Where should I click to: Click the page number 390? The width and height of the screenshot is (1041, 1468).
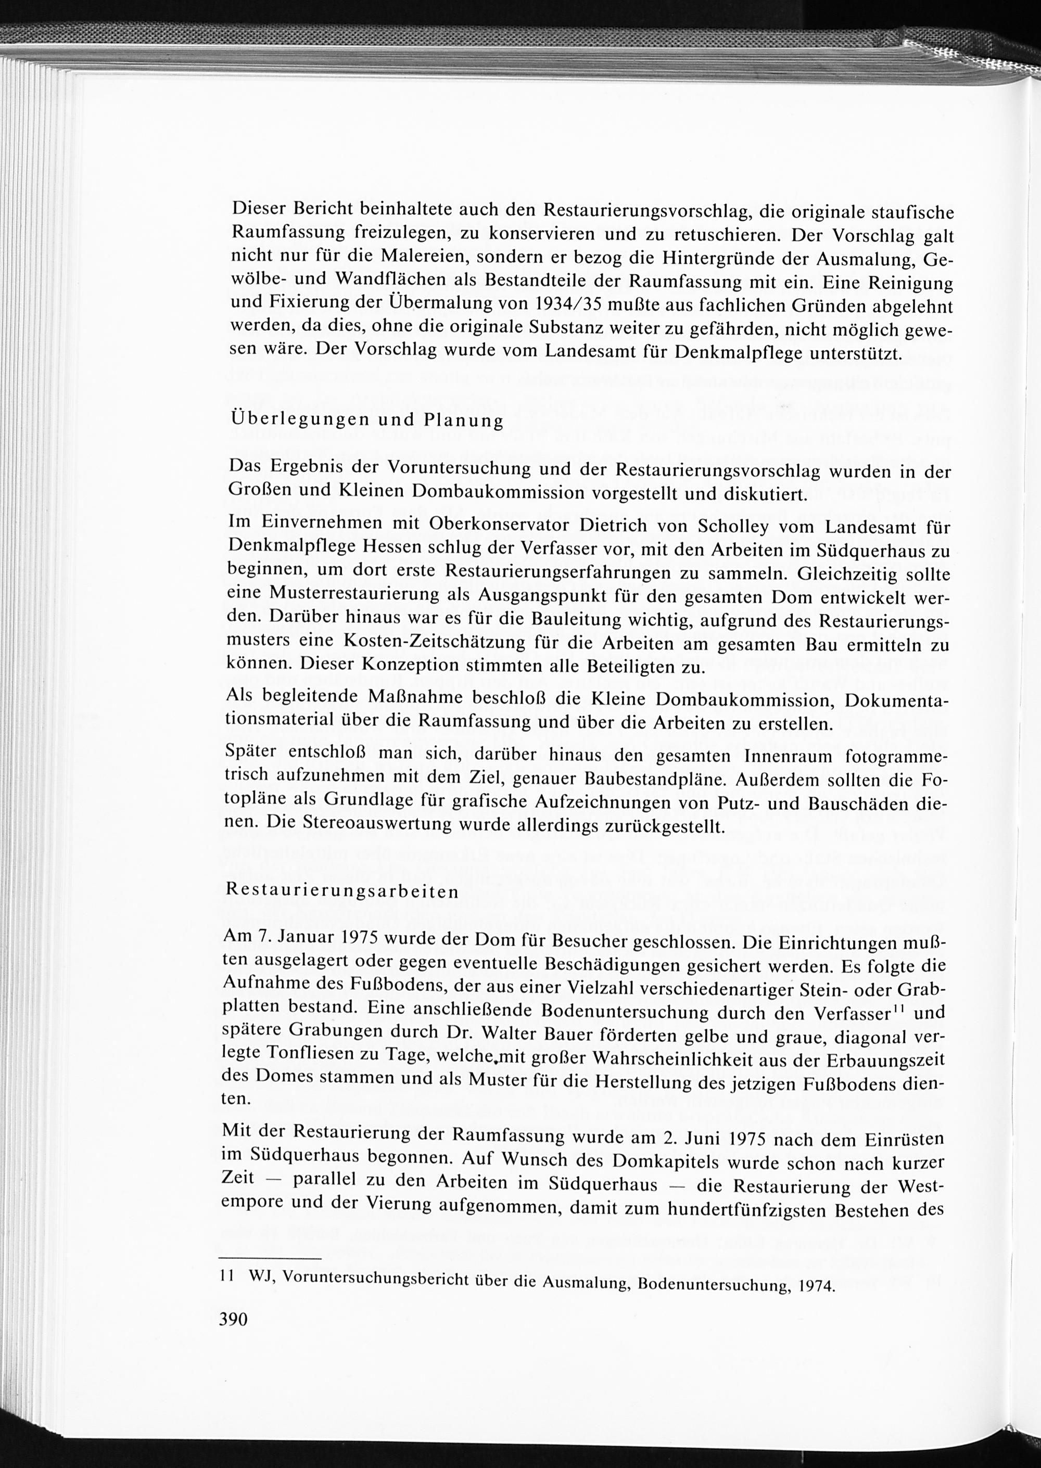click(x=233, y=1320)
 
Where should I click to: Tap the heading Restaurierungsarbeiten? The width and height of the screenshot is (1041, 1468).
click(x=343, y=892)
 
